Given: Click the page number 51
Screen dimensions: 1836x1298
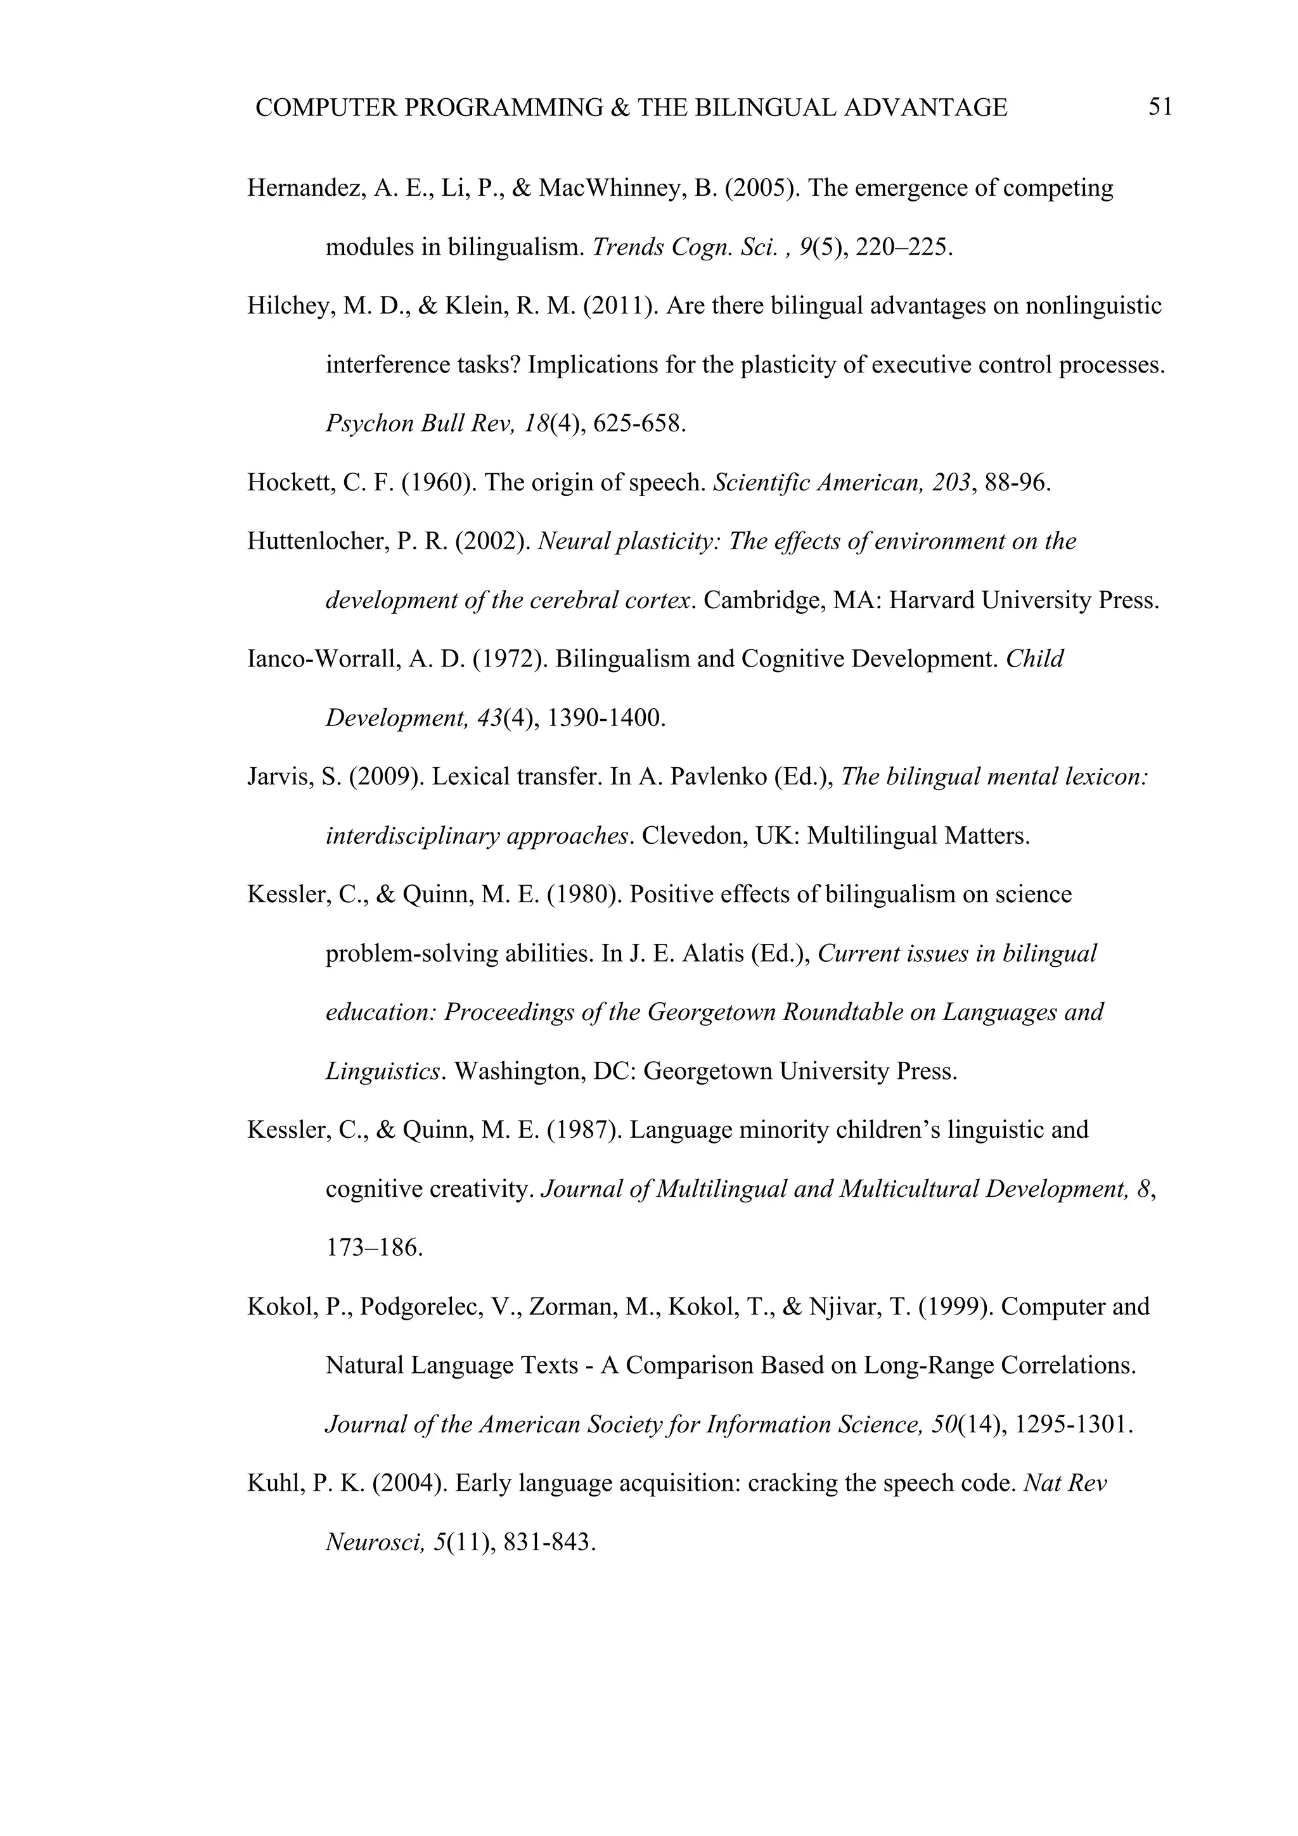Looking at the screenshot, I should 1160,106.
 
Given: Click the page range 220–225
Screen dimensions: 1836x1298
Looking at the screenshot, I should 904,247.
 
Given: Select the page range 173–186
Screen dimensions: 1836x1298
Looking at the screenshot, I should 373,1248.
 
